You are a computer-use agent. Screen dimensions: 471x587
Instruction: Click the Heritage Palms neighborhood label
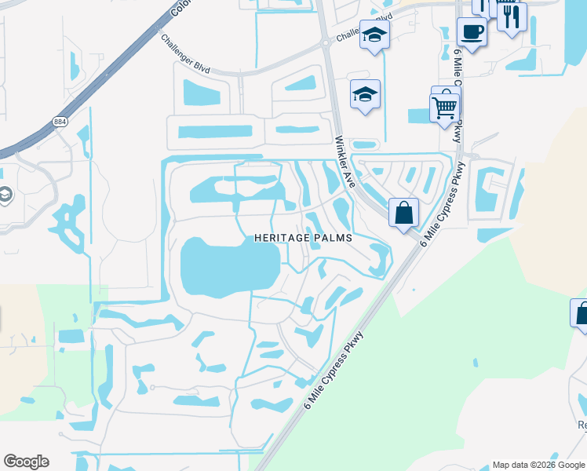(x=302, y=237)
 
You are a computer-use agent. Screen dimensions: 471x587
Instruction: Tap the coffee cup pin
(x=472, y=33)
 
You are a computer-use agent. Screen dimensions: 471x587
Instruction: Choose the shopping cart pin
(x=444, y=108)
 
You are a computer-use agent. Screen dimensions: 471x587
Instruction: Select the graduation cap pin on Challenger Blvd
(x=375, y=36)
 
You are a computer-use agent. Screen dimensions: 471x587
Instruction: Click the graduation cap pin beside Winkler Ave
(x=365, y=96)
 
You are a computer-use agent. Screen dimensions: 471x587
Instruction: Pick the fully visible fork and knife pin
(x=512, y=16)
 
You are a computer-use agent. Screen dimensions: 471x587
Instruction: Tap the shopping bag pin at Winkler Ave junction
(x=403, y=213)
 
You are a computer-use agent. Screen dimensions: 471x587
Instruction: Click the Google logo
(x=26, y=462)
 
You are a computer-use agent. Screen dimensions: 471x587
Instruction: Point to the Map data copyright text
(x=538, y=465)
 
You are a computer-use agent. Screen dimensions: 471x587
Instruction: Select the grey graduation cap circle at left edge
(x=4, y=194)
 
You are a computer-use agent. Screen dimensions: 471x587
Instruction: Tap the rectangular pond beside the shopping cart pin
(x=418, y=115)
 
